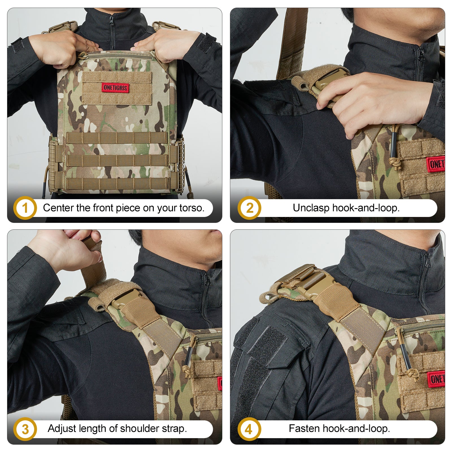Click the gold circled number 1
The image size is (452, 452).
point(25,208)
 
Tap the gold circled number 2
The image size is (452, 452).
point(249,208)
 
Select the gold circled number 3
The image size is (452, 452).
point(25,429)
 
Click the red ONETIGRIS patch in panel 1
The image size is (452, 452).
point(115,88)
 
